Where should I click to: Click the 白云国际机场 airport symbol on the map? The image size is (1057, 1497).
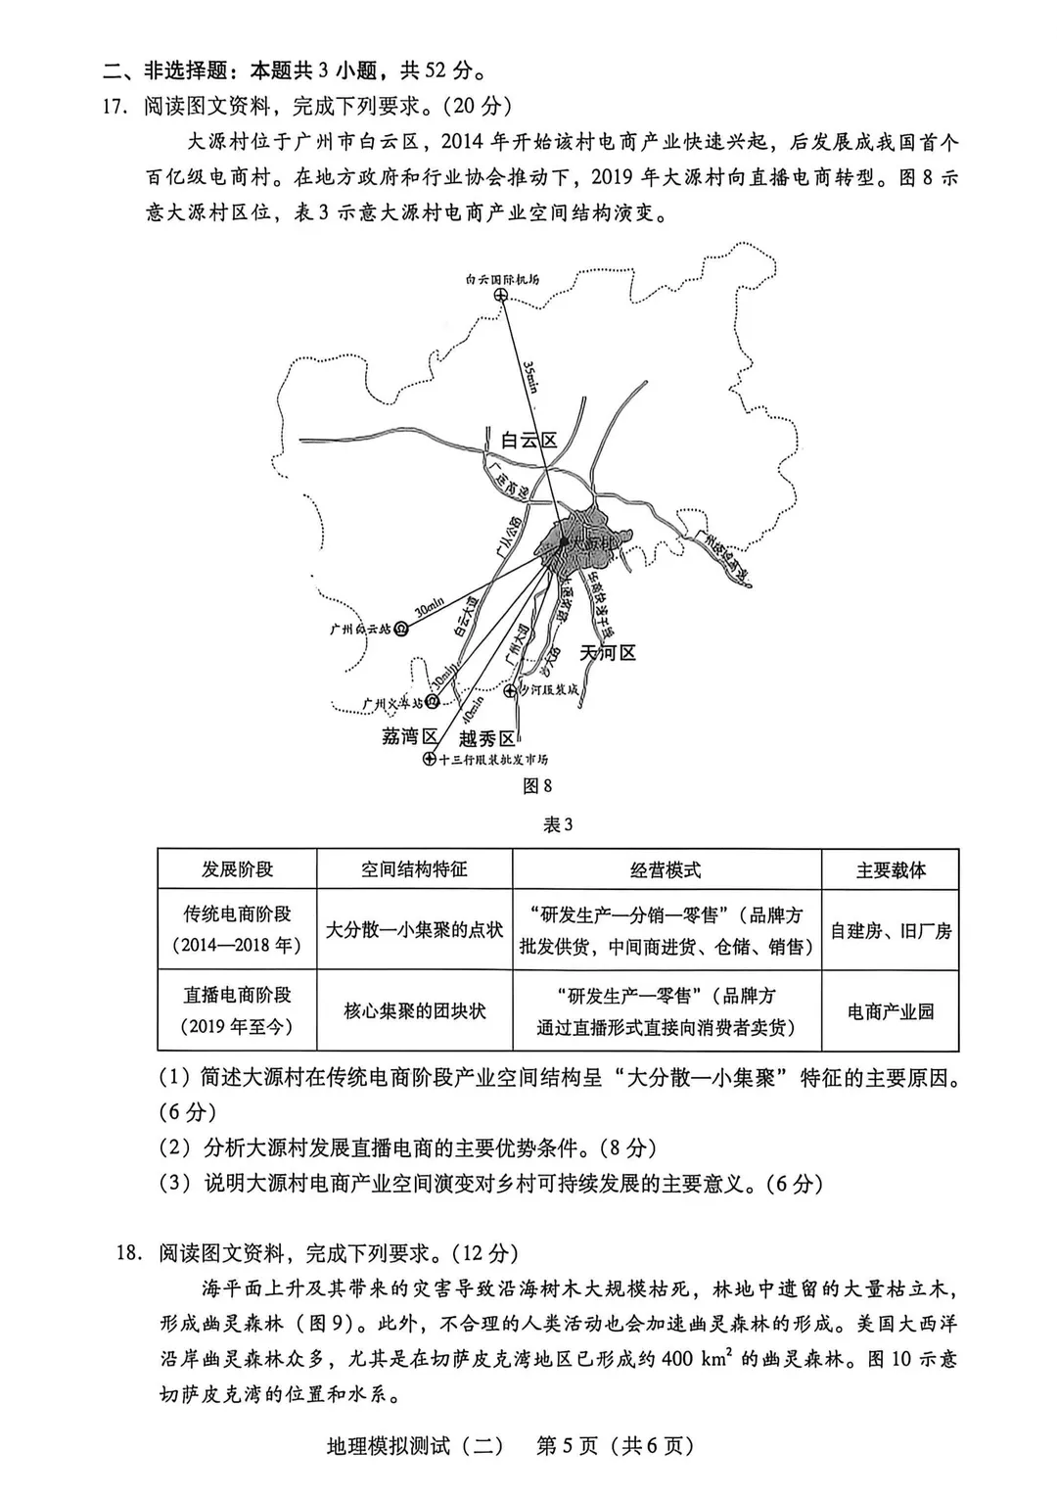pos(500,295)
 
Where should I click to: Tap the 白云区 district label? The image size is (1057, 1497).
pos(528,441)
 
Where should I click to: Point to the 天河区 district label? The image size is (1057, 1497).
pos(608,652)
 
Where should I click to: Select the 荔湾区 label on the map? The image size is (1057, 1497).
pos(409,736)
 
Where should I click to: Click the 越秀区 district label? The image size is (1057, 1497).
pos(486,738)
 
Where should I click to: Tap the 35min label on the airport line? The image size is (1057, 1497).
pos(530,376)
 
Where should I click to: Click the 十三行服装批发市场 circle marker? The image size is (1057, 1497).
pos(429,760)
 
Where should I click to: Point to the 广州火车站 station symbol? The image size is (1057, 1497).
pos(433,702)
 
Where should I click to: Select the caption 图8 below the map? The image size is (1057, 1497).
pos(537,785)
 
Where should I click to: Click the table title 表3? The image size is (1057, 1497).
pos(557,824)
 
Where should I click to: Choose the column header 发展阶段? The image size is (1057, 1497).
pos(237,869)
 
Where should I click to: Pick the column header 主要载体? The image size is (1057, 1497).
pos(891,870)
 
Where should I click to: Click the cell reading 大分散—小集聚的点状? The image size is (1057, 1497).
pos(414,929)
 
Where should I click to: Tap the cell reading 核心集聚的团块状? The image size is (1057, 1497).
pos(414,1010)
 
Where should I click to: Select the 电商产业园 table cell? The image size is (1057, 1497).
pos(891,1011)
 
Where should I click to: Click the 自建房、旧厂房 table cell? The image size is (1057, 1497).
pos(891,930)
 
